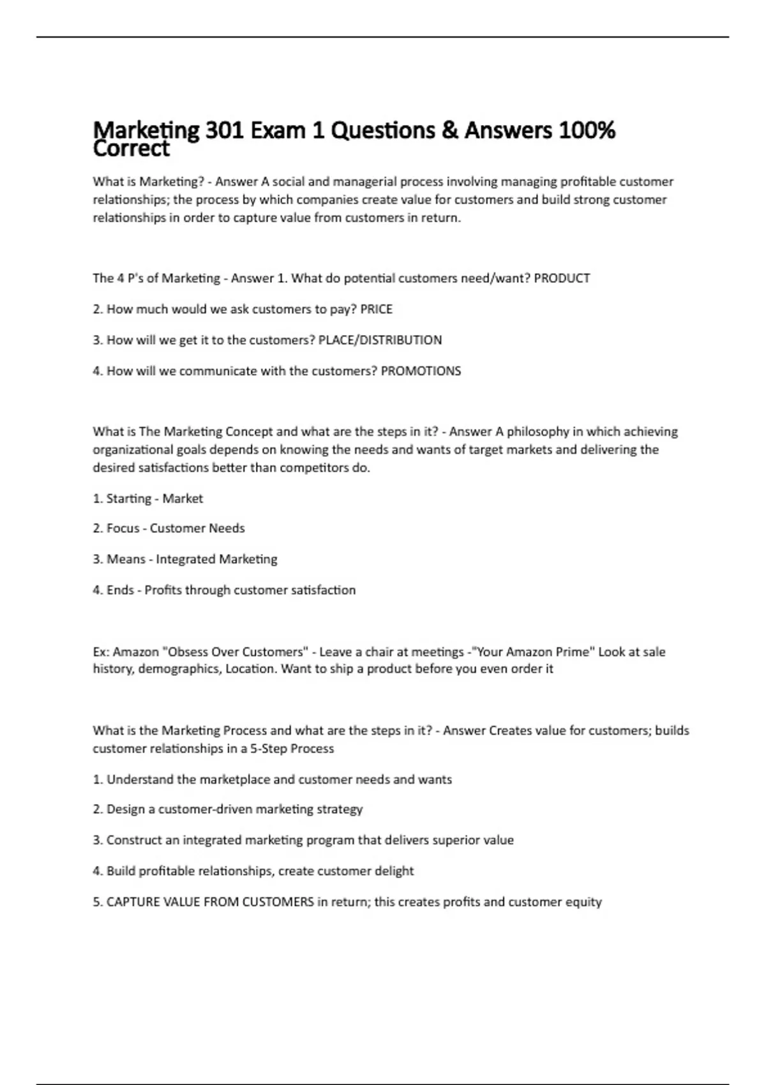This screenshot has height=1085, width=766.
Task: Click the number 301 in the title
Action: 224,130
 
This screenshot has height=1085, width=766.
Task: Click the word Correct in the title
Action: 131,149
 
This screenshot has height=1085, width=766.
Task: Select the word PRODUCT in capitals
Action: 562,278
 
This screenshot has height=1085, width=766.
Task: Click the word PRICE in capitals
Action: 377,310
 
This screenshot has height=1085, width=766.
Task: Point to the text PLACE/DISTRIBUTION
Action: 380,340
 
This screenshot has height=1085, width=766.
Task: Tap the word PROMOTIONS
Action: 421,371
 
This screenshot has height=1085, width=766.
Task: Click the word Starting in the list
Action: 128,498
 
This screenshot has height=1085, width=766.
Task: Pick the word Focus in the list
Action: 123,528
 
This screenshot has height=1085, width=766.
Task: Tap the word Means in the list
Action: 126,559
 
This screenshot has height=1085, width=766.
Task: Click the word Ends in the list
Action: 120,590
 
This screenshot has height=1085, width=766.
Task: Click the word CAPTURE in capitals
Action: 131,902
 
